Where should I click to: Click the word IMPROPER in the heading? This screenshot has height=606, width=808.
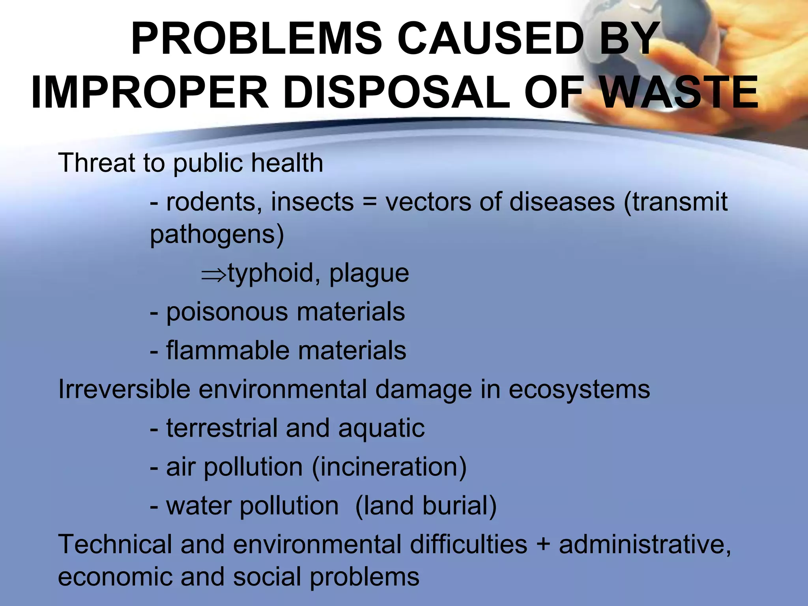(x=150, y=93)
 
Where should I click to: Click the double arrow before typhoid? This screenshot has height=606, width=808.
(x=213, y=273)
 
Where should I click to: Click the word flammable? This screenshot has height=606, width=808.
(x=228, y=350)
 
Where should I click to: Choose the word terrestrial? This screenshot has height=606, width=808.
(x=222, y=428)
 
